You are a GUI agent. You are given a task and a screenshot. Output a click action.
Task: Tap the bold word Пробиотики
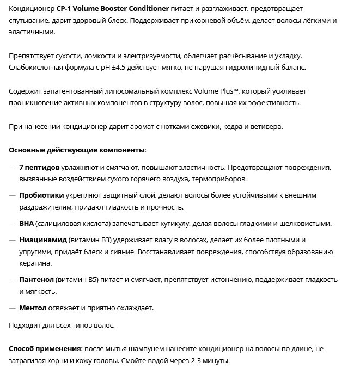42,195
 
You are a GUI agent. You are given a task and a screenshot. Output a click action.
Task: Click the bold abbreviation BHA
27,223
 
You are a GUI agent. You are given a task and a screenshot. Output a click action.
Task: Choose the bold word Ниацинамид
44,240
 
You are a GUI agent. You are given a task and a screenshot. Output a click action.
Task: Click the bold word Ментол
33,308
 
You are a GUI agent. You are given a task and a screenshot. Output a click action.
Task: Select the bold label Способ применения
45,348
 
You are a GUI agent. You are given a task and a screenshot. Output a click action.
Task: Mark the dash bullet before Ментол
12,308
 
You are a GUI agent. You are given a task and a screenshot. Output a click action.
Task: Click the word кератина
36,263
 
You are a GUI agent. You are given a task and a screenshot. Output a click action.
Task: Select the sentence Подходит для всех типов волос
62,325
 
